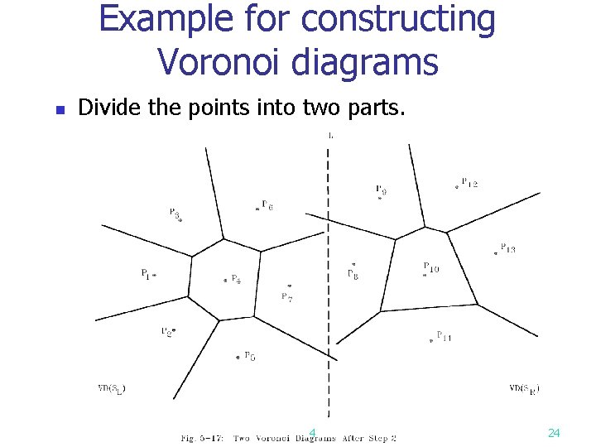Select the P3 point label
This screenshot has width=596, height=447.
(174, 213)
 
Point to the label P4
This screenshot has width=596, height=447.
(236, 280)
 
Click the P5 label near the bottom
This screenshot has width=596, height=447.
(249, 357)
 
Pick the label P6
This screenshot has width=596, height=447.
(267, 205)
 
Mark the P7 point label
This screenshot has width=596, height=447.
(286, 297)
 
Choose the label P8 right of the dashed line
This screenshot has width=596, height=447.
(353, 274)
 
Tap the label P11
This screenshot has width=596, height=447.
(444, 337)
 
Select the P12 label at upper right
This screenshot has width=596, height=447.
(469, 183)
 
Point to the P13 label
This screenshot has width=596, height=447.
(508, 249)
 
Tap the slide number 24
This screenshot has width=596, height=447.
(555, 433)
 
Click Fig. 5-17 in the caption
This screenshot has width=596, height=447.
(202, 437)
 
